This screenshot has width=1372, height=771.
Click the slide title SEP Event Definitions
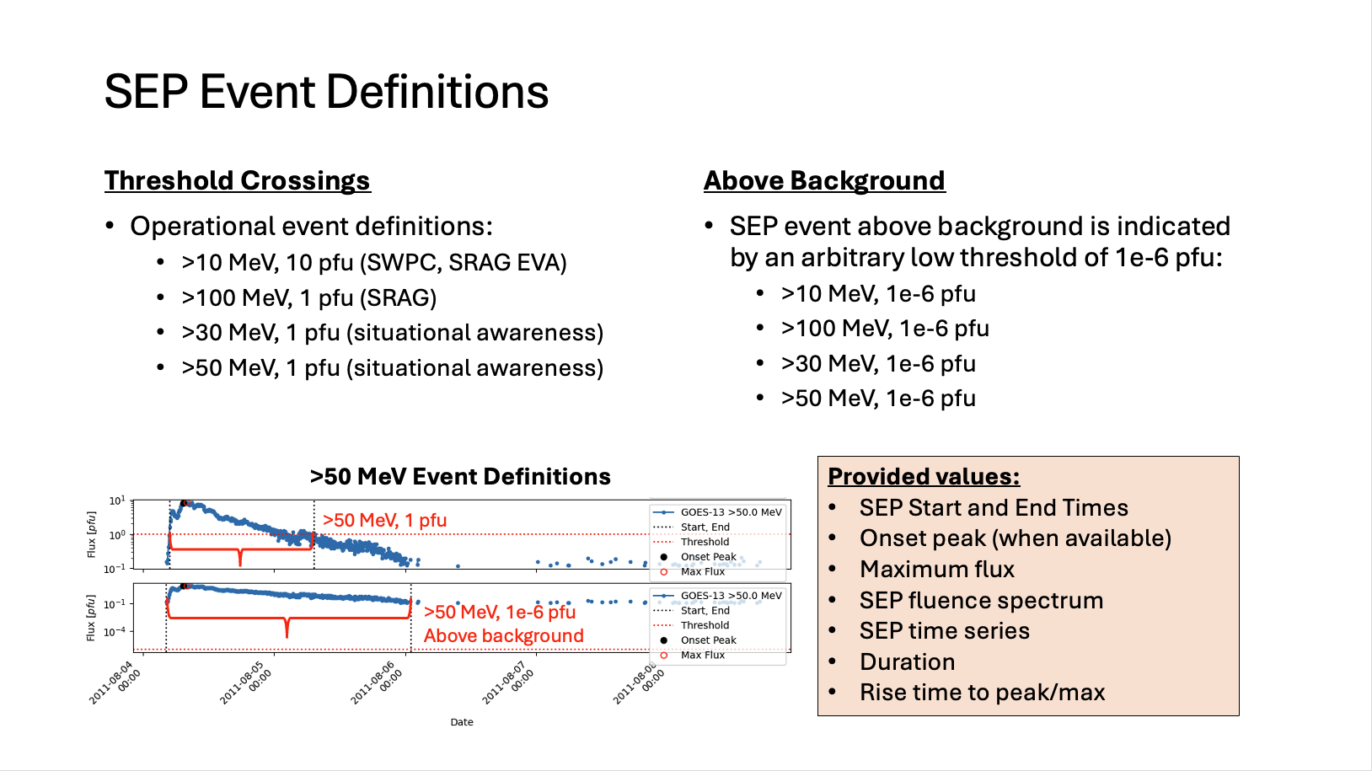(x=326, y=92)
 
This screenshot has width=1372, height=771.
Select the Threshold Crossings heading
(x=237, y=181)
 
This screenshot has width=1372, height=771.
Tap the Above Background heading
(x=823, y=181)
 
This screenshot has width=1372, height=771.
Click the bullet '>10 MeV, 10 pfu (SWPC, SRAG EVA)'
(x=373, y=263)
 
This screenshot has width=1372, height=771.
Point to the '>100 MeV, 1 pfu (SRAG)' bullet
(x=308, y=298)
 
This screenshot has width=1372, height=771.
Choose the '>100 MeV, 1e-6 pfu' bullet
(x=884, y=329)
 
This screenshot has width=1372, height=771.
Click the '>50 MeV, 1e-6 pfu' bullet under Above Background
(x=877, y=399)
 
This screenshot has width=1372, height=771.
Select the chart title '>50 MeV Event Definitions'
(x=459, y=477)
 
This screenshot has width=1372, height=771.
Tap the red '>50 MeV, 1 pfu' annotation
(x=384, y=521)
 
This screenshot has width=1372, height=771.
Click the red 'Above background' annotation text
(x=503, y=636)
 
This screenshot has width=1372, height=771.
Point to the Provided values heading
(x=924, y=477)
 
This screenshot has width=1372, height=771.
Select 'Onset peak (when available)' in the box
(x=1015, y=538)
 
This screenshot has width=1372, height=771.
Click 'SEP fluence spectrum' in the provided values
(x=981, y=601)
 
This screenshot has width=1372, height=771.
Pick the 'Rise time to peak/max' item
(x=982, y=693)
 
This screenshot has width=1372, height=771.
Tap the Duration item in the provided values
(x=907, y=662)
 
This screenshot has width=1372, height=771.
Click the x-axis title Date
(x=462, y=722)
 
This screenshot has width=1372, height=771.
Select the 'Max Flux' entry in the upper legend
(x=702, y=572)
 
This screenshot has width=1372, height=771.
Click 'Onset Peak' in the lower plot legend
(x=708, y=640)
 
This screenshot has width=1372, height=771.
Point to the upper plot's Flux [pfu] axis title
(x=91, y=534)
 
